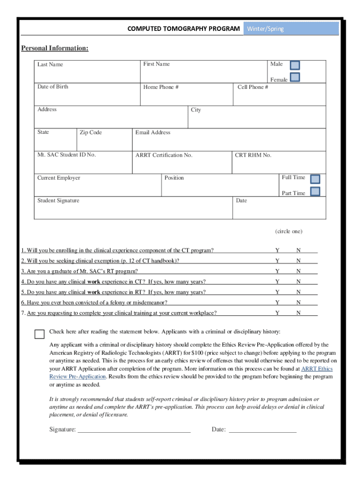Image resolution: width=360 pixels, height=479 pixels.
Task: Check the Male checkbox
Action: pyautogui.click(x=295, y=65)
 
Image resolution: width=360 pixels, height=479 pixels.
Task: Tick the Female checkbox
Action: pyautogui.click(x=295, y=78)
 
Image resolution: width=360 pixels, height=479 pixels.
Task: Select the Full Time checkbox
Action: pyautogui.click(x=315, y=179)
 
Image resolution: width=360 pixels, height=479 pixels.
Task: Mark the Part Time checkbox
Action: pyautogui.click(x=315, y=191)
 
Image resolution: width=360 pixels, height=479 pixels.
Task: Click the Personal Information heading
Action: pyautogui.click(x=55, y=49)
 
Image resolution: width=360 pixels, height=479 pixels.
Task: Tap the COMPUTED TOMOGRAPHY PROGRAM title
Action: pyautogui.click(x=184, y=29)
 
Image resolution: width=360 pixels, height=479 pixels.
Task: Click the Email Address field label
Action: pyautogui.click(x=152, y=133)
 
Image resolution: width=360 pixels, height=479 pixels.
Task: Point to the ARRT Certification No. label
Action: pyautogui.click(x=164, y=155)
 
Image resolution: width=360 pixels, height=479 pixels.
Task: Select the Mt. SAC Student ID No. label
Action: pyautogui.click(x=66, y=155)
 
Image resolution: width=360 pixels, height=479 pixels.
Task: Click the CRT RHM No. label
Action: pyautogui.click(x=253, y=155)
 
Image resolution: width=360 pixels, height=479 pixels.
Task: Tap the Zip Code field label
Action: pyautogui.click(x=90, y=133)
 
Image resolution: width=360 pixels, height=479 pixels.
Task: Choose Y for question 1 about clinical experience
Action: pyautogui.click(x=277, y=250)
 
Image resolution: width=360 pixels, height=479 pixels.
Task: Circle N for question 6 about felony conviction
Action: pyautogui.click(x=298, y=303)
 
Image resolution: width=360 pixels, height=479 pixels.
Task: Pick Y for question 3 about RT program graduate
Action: pyautogui.click(x=277, y=271)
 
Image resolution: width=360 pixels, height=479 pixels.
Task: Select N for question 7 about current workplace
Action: pyautogui.click(x=298, y=313)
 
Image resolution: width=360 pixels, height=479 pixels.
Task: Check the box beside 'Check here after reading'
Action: pyautogui.click(x=39, y=334)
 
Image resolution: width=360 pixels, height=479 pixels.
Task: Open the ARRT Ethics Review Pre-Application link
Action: pyautogui.click(x=317, y=369)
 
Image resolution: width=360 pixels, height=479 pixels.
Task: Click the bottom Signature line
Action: pyautogui.click(x=134, y=429)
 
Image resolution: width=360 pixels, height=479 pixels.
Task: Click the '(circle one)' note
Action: pyautogui.click(x=288, y=232)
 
